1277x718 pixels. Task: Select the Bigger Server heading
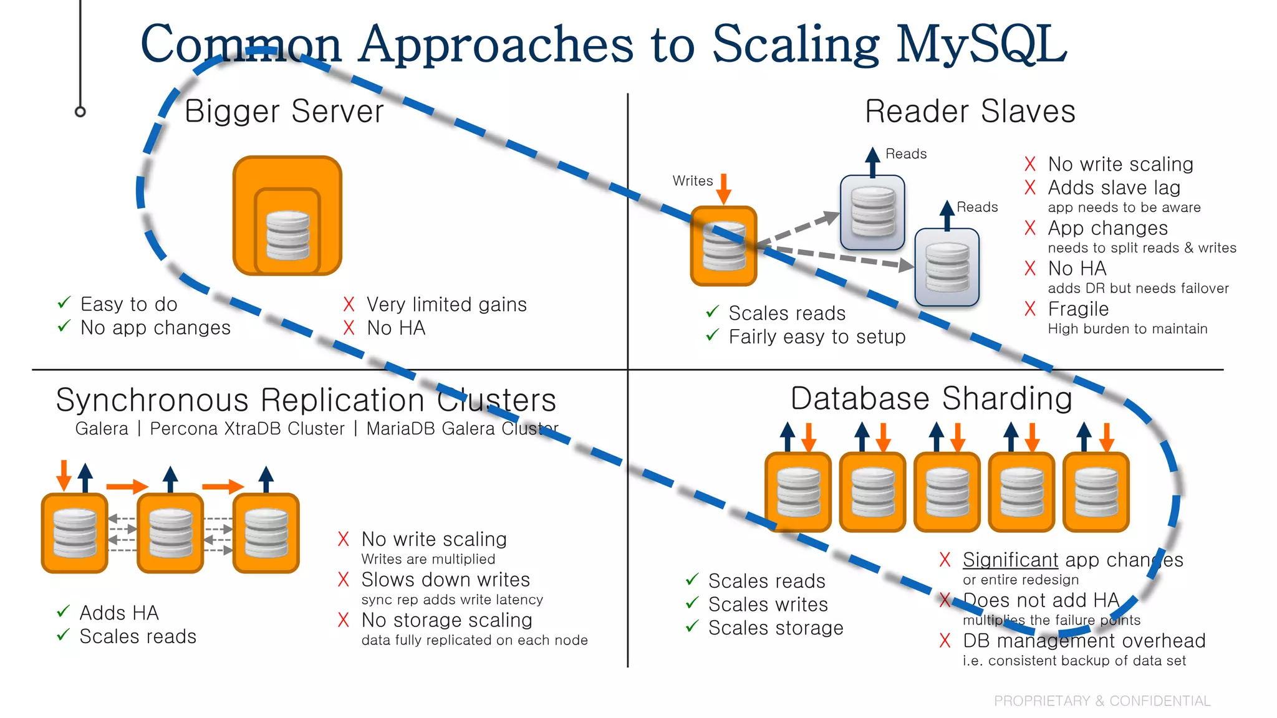click(284, 112)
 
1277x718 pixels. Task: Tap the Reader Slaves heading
click(970, 112)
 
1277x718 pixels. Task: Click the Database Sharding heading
click(931, 398)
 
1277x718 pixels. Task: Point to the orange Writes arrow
click(723, 189)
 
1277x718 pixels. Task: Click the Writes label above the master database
click(692, 181)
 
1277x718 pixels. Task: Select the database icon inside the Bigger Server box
click(287, 235)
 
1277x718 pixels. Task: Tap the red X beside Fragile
click(1030, 309)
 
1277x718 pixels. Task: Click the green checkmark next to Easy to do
click(64, 303)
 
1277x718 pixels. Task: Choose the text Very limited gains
click(446, 304)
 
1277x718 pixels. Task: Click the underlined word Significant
click(1010, 560)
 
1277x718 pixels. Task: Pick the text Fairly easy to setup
click(817, 337)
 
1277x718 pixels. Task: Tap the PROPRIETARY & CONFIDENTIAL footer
click(1102, 701)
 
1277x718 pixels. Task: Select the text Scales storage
click(776, 628)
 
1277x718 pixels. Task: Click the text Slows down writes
click(445, 580)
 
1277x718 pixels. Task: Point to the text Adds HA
click(119, 613)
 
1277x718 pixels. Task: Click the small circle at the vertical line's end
click(80, 112)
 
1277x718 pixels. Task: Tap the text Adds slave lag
click(1114, 188)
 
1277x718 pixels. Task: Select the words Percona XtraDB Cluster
click(247, 429)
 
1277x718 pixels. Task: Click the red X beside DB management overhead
click(945, 640)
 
